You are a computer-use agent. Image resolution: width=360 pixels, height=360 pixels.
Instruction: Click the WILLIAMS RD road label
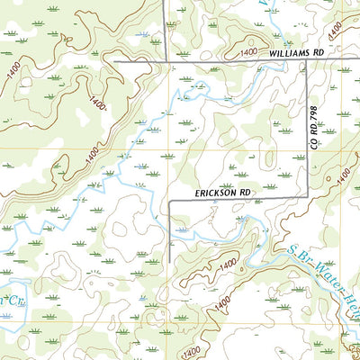pos(296,54)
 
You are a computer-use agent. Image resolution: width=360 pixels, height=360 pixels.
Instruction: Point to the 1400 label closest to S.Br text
pos(229,262)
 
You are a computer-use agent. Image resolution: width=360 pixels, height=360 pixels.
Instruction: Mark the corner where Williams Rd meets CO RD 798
pos(308,62)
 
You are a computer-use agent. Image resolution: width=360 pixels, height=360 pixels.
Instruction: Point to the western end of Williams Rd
pos(115,61)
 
